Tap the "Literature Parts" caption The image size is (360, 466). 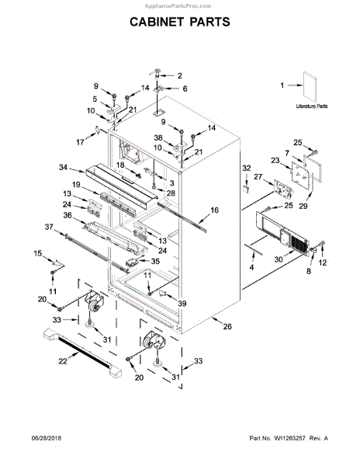pyautogui.click(x=313, y=103)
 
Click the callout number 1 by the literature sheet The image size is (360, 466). pyautogui.click(x=284, y=86)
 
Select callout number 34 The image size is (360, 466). pyautogui.click(x=63, y=167)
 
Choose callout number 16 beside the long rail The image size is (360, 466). pyautogui.click(x=215, y=210)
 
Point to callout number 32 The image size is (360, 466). pyautogui.click(x=246, y=168)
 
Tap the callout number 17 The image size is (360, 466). pyautogui.click(x=81, y=141)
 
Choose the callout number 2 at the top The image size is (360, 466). pyautogui.click(x=179, y=75)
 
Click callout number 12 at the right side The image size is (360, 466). pyautogui.click(x=324, y=263)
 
